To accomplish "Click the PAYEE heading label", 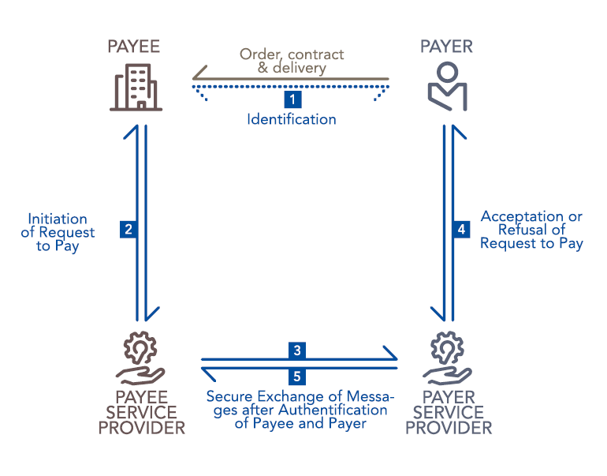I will [133, 47].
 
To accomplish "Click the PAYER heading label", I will [446, 47].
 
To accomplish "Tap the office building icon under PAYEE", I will [136, 88].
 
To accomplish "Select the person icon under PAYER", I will [447, 87].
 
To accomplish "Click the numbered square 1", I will [292, 99].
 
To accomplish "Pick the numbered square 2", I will [127, 230].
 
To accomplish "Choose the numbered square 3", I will [296, 350].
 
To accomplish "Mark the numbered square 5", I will [296, 377].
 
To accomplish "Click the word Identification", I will [292, 120].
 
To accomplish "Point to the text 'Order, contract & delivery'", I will [292, 62].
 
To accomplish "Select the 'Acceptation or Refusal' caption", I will [532, 230].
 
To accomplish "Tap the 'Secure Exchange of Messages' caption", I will [300, 410].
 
